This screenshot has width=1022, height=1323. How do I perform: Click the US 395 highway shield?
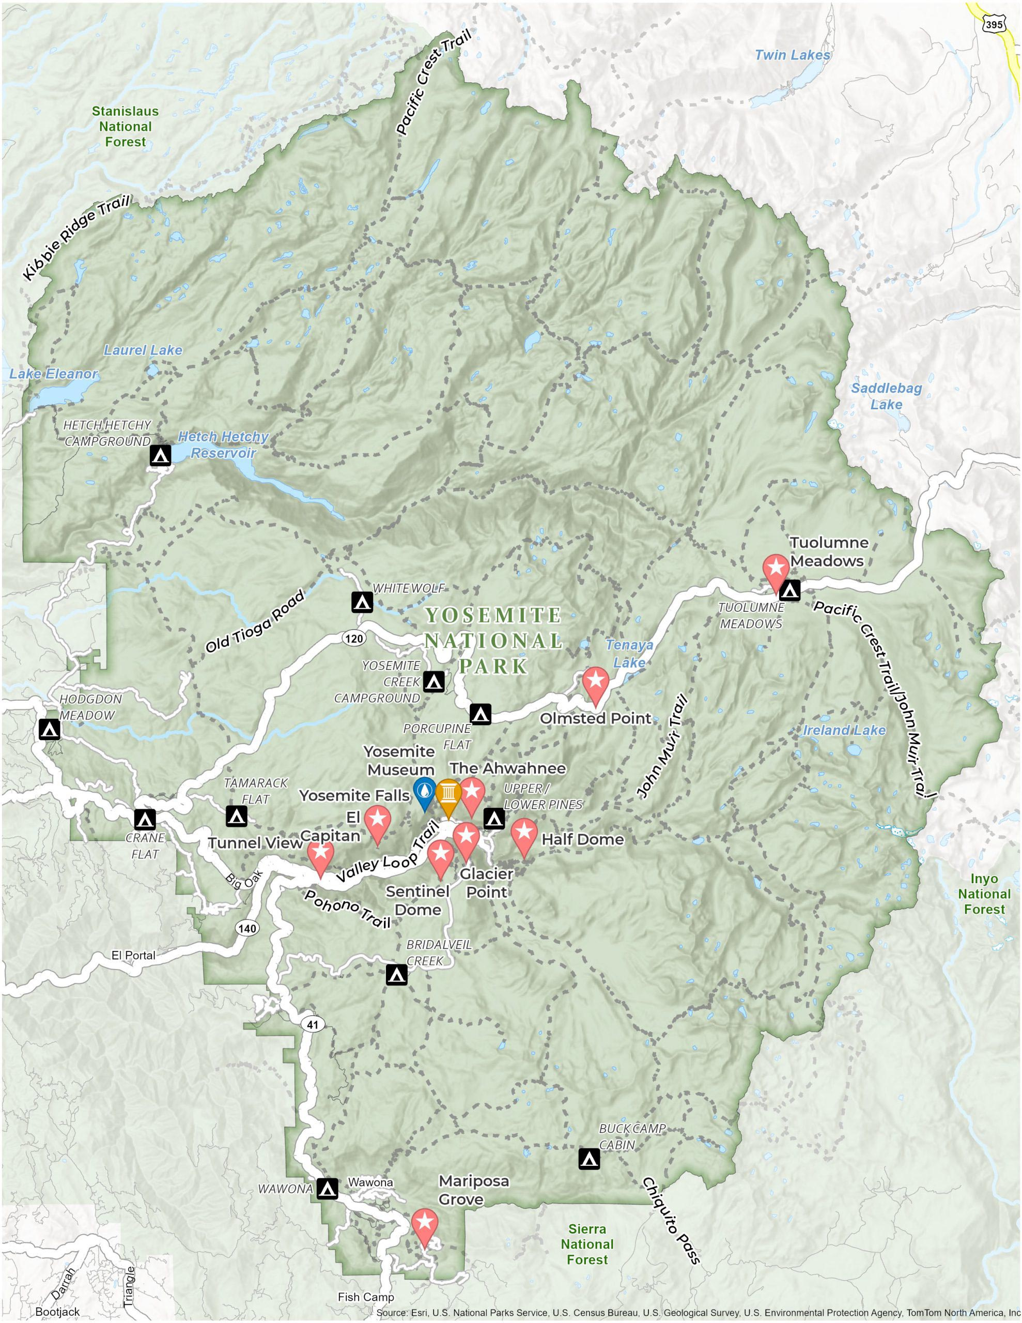(x=994, y=25)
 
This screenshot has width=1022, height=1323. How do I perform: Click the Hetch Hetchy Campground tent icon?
(x=161, y=455)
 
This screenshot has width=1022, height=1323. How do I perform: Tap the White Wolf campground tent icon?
(x=362, y=603)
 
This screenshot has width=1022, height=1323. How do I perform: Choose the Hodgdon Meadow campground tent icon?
(x=50, y=729)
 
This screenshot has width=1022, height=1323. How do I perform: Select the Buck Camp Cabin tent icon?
(x=589, y=1159)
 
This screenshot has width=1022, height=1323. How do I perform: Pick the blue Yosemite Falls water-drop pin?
(x=424, y=791)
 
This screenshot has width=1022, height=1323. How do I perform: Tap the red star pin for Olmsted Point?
(x=595, y=683)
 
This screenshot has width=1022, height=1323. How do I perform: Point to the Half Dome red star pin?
(x=524, y=834)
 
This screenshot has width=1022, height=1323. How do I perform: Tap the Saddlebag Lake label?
(x=886, y=396)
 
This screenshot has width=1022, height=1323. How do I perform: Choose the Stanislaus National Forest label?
(x=126, y=127)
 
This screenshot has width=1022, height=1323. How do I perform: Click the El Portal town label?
(x=133, y=955)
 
